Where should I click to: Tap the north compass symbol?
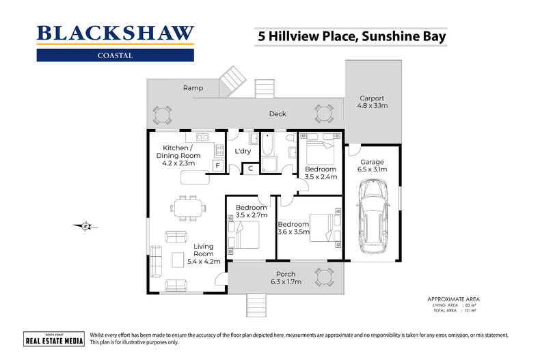point(85,226)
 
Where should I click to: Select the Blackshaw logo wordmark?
point(115,33)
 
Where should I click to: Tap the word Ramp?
point(193,88)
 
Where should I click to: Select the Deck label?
point(278,114)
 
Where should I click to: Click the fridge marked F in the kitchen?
point(218,165)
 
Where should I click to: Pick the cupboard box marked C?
point(251,168)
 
